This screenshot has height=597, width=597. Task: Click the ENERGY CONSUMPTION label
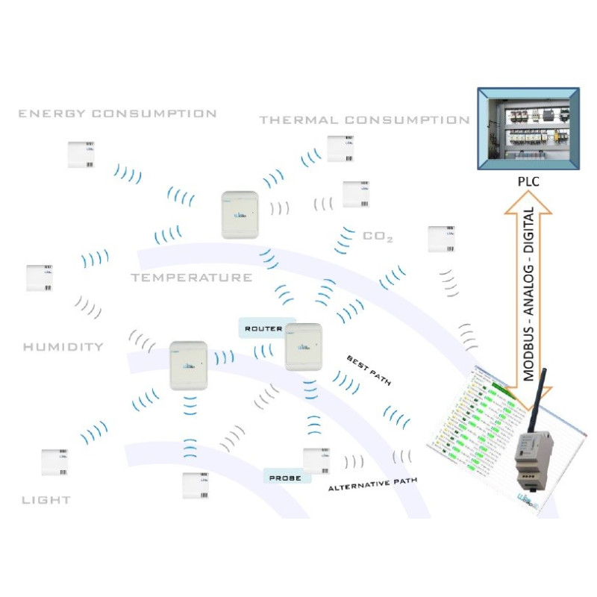[117, 114]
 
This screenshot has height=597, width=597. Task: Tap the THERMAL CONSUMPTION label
[364, 120]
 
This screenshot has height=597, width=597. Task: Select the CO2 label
[378, 237]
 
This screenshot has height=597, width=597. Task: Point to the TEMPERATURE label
[192, 278]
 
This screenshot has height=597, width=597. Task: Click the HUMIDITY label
[63, 347]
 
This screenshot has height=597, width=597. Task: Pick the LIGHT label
[46, 499]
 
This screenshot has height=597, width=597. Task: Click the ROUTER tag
[263, 328]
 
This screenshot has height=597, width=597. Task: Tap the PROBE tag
[285, 477]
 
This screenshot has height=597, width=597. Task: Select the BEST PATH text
[369, 371]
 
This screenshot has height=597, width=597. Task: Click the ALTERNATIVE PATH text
[372, 484]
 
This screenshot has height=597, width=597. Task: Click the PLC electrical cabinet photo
[528, 128]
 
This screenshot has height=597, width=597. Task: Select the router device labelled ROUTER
[304, 347]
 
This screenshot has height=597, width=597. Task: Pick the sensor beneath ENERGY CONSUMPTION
[81, 154]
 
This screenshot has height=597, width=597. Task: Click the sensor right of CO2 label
[440, 239]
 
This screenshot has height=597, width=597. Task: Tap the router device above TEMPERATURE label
[240, 215]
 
